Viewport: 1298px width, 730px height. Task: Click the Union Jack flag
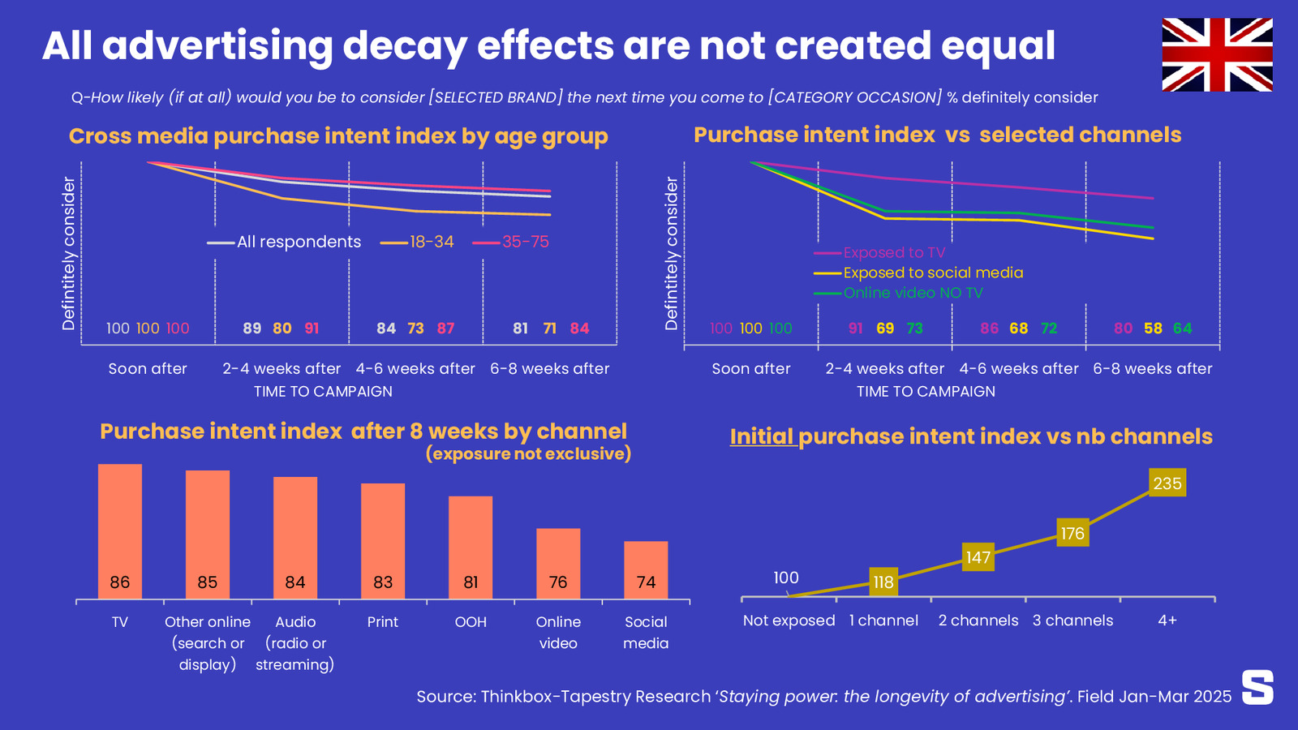1217,54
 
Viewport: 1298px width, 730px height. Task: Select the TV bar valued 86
120,532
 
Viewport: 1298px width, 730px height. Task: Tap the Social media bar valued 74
646,570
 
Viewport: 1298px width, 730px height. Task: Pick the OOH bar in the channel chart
471,547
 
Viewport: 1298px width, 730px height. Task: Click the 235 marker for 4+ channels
1167,483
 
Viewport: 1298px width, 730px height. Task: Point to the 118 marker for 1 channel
883,582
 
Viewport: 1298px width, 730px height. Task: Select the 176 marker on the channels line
1072,533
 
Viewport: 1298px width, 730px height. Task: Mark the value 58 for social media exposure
1153,328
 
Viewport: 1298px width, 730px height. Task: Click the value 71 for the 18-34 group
550,328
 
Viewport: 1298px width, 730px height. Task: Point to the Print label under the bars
383,622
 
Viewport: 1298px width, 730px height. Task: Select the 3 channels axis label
1072,620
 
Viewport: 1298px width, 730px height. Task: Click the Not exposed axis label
789,620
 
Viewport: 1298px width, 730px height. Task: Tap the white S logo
1257,687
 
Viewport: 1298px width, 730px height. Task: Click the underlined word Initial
762,436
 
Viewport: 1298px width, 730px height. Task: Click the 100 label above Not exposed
786,578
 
